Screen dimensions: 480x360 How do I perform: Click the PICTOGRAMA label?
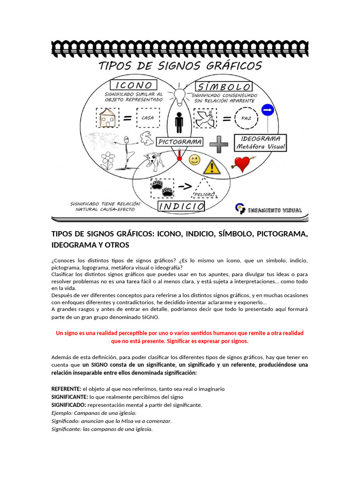click(180, 141)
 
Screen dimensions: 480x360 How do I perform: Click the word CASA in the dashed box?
click(148, 118)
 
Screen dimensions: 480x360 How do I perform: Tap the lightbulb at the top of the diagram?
click(180, 97)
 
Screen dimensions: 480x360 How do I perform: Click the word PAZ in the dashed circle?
click(247, 119)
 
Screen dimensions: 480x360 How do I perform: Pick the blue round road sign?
click(267, 110)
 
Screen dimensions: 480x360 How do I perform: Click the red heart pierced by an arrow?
click(242, 164)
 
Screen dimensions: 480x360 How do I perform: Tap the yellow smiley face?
click(194, 160)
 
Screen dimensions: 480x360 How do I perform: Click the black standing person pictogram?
click(179, 121)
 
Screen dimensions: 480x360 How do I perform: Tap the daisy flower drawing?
click(108, 159)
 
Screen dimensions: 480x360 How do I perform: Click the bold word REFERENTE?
click(66, 389)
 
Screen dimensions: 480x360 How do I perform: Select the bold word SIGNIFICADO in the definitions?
click(68, 405)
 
